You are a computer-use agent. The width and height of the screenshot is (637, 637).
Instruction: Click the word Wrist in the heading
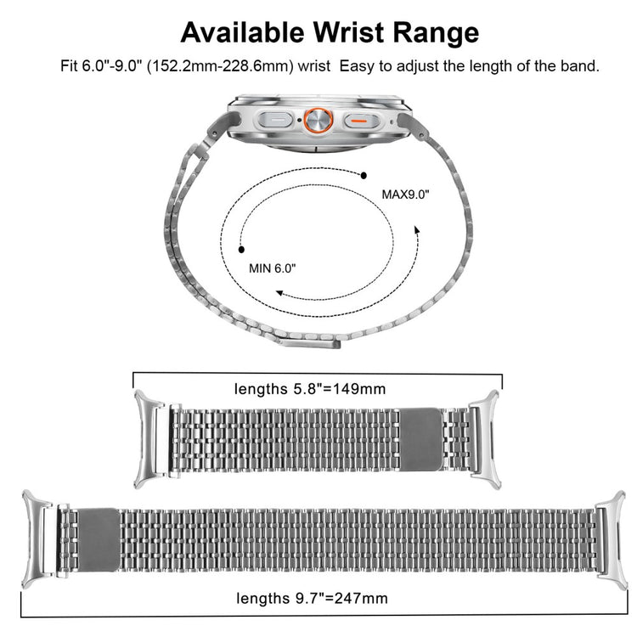pos(348,32)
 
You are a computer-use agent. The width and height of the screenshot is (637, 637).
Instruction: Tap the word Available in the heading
pos(242,32)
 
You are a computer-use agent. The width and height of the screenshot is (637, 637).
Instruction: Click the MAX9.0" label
pos(405,194)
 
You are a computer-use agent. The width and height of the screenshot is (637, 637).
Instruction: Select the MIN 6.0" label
pos(272,268)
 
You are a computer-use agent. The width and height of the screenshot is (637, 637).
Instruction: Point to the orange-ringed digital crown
pos(318,121)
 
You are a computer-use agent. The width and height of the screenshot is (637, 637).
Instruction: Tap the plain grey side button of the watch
pos(275,121)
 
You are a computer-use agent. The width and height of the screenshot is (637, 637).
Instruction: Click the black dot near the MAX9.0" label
pos(364,176)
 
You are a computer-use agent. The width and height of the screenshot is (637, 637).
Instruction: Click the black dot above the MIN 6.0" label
pos(241,250)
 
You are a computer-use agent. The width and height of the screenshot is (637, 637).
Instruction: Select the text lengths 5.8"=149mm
pos(310,389)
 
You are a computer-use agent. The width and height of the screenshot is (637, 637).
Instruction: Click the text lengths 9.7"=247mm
pos(312,598)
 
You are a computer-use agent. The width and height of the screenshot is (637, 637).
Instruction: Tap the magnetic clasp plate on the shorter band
pos(421,440)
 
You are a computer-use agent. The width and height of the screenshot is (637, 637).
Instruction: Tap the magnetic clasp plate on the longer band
pos(99,540)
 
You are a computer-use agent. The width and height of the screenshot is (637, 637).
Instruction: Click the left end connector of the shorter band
pos(149,439)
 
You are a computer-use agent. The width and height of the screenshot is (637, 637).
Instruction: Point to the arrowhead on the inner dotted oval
pos(279,292)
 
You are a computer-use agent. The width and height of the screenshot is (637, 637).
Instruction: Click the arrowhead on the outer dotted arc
pos(417,230)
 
